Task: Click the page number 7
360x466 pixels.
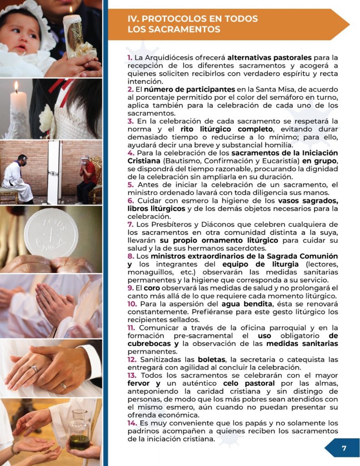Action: tap(344, 448)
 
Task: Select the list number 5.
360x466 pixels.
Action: tap(131, 185)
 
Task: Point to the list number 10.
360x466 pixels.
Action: tap(132, 304)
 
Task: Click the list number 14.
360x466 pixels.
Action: tap(132, 423)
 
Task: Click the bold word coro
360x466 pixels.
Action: tap(152, 288)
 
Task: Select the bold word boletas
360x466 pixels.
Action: tap(212, 360)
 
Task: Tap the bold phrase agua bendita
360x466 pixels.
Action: tap(247, 304)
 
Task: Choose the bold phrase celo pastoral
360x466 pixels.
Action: tap(249, 383)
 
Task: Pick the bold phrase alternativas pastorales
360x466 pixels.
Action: tap(269, 57)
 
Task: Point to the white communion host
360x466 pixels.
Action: tap(51, 233)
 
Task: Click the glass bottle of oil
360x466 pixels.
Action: tap(79, 430)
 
